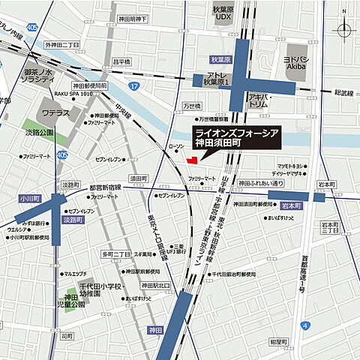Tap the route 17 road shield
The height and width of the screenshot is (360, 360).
point(132,87)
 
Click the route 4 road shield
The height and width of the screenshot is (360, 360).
point(306,325)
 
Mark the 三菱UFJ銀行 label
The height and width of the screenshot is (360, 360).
point(177,249)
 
